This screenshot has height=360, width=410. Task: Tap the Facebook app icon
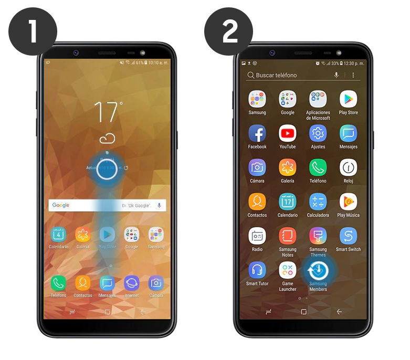tap(257, 133)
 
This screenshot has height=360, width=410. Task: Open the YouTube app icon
tap(288, 133)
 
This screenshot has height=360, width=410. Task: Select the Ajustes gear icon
tap(318, 133)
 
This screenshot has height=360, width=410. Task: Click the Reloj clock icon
tap(349, 167)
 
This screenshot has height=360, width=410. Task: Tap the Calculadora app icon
tap(318, 202)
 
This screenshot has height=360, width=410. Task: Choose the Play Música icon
tap(349, 202)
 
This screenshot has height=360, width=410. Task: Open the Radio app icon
tap(257, 236)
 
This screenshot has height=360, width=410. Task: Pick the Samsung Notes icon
tap(288, 236)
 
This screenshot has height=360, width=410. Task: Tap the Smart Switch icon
tap(349, 236)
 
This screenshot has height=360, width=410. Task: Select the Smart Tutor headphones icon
tap(257, 270)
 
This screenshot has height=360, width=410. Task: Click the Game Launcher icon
tap(288, 270)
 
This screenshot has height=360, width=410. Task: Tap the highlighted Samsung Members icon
tap(318, 271)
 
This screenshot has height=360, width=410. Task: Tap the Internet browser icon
tap(132, 283)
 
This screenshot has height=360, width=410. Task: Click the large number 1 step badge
tap(33, 31)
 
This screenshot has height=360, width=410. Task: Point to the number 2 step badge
tap(228, 31)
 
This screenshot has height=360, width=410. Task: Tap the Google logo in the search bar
tap(61, 205)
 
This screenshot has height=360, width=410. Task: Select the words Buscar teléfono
tap(276, 76)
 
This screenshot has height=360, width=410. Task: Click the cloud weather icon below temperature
tap(107, 139)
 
